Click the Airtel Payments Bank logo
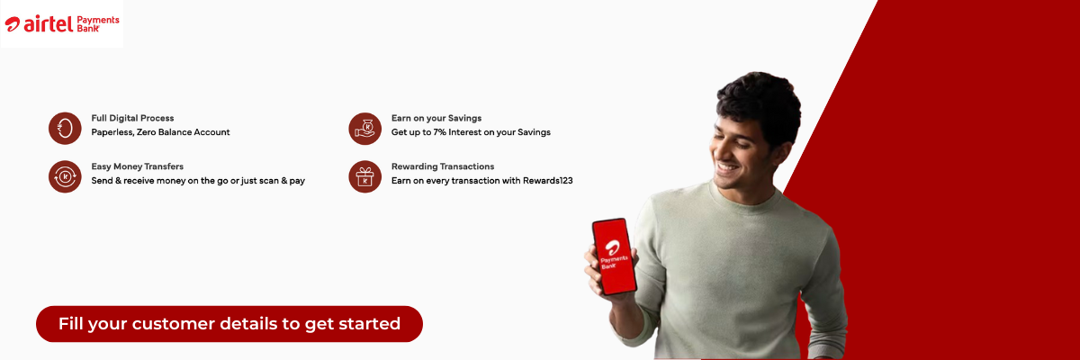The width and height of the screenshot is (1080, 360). (x=62, y=23)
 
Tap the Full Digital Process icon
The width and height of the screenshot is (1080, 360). (x=65, y=129)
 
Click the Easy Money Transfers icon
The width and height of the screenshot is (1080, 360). (x=65, y=177)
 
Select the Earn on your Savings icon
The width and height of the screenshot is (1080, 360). (x=365, y=129)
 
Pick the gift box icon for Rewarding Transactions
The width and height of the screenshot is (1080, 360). (x=365, y=177)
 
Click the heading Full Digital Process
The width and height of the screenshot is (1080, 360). (x=132, y=118)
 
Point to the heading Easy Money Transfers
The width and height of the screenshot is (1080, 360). (x=138, y=166)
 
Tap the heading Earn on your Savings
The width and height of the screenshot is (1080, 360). (x=436, y=118)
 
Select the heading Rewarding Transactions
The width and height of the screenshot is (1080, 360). (x=443, y=166)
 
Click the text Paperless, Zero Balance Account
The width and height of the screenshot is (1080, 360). (x=160, y=132)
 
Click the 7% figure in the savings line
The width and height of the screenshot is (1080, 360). (x=439, y=132)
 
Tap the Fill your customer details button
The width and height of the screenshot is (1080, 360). (x=229, y=324)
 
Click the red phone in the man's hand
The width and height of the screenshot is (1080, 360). (x=614, y=256)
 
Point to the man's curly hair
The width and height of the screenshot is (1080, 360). (x=760, y=103)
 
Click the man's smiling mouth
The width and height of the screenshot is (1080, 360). (x=726, y=168)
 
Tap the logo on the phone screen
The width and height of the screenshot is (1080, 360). (x=613, y=255)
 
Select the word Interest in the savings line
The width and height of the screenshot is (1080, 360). (x=466, y=132)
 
